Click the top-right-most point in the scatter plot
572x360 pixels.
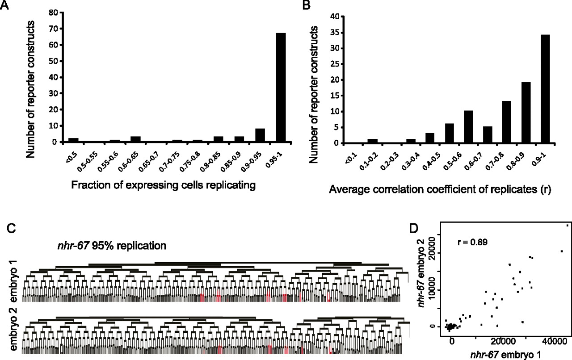(568, 225)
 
